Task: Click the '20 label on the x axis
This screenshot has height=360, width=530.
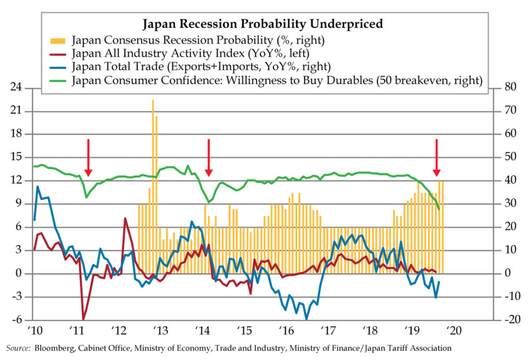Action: tap(454, 330)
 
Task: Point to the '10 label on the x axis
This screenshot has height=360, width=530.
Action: tap(34, 330)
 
